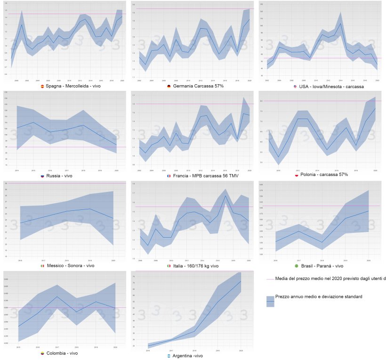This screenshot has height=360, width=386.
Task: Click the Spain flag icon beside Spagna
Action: [43, 87]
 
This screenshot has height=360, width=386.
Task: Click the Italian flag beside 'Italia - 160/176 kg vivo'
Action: [169, 266]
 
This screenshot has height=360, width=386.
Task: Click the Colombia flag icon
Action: [43, 353]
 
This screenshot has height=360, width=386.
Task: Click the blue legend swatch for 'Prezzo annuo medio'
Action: [270, 301]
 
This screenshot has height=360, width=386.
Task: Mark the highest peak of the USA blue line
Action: [340, 24]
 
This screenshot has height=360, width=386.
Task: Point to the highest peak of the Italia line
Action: [225, 195]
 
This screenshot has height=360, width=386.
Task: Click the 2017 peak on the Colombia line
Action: [56, 296]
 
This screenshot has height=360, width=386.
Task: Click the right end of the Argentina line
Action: [241, 281]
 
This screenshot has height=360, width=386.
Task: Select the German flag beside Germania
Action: [169, 87]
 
